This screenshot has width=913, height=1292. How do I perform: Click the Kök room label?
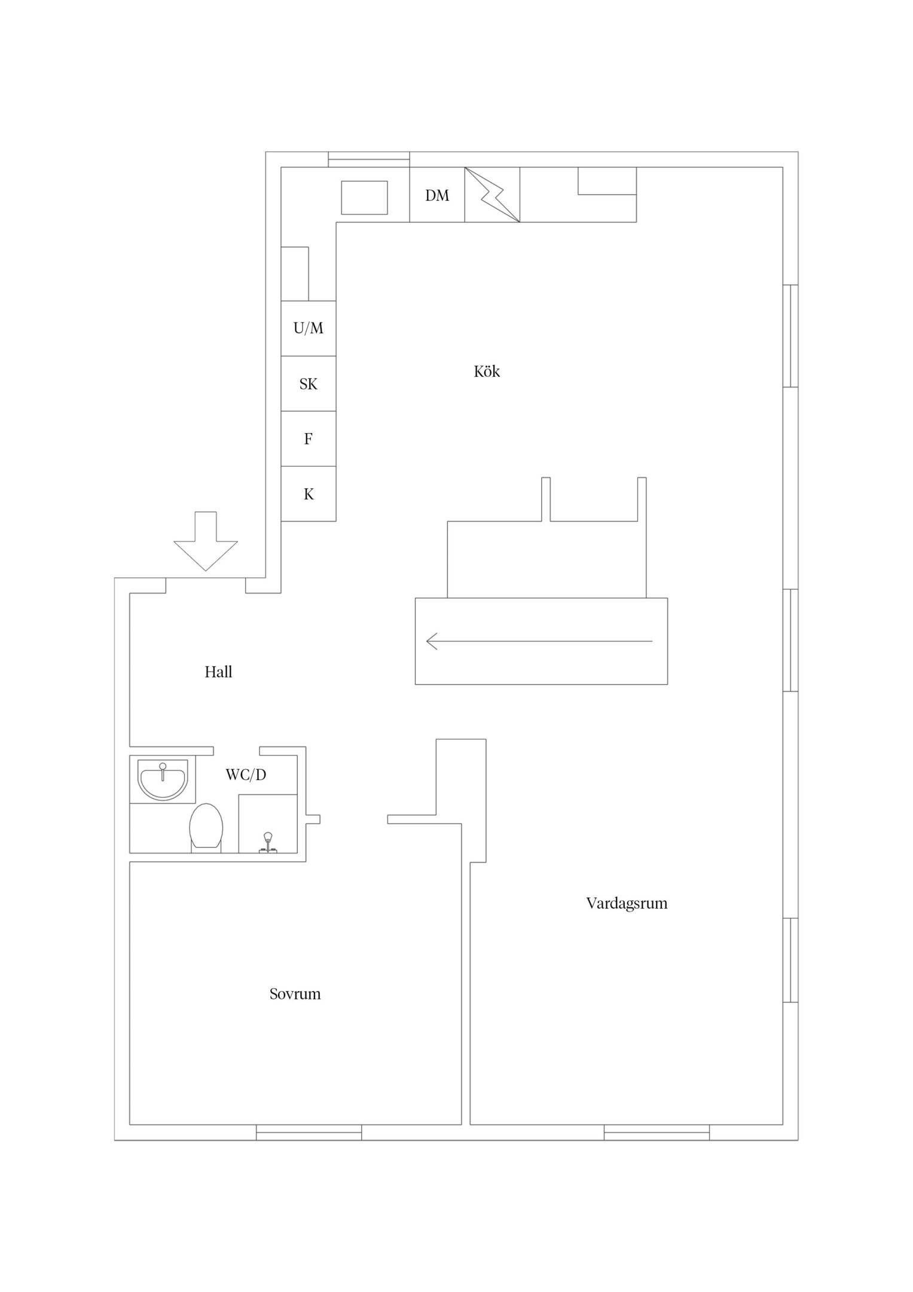pyautogui.click(x=487, y=371)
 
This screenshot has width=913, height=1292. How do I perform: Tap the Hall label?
pyautogui.click(x=218, y=672)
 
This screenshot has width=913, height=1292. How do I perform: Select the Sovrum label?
pyautogui.click(x=295, y=994)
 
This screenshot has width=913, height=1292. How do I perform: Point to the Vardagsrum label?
pyautogui.click(x=627, y=903)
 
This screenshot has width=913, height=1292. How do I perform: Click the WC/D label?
pyautogui.click(x=246, y=775)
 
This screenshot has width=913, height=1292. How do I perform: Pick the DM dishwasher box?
pyautogui.click(x=437, y=194)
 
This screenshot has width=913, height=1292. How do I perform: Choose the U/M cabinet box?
pyautogui.click(x=309, y=328)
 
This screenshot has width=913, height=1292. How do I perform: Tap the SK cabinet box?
pyautogui.click(x=309, y=383)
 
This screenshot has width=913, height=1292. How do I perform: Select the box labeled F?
pyautogui.click(x=309, y=438)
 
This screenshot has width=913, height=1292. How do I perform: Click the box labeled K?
pyautogui.click(x=309, y=494)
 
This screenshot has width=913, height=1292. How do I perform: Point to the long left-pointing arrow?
pyautogui.click(x=539, y=641)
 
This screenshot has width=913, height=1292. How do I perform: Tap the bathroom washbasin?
pyautogui.click(x=163, y=780)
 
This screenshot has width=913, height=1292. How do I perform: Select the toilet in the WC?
pyautogui.click(x=206, y=828)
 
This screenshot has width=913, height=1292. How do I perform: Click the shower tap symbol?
pyautogui.click(x=268, y=842)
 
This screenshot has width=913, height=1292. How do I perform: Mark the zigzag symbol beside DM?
pyautogui.click(x=492, y=194)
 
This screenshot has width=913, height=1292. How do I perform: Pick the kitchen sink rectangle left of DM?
pyautogui.click(x=364, y=197)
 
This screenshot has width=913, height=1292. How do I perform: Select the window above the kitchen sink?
pyautogui.click(x=369, y=160)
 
